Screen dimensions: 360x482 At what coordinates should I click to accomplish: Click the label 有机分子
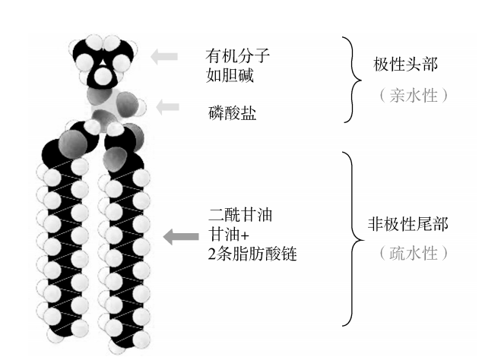237,55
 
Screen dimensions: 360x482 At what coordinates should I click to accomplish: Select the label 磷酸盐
231,113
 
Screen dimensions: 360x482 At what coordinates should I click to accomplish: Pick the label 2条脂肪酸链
252,254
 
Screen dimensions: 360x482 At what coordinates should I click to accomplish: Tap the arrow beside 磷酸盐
167,107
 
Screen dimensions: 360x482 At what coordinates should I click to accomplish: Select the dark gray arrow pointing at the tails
179,237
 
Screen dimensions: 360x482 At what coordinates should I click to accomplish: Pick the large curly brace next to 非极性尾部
352,237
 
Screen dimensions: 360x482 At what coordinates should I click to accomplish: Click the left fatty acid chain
59,251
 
